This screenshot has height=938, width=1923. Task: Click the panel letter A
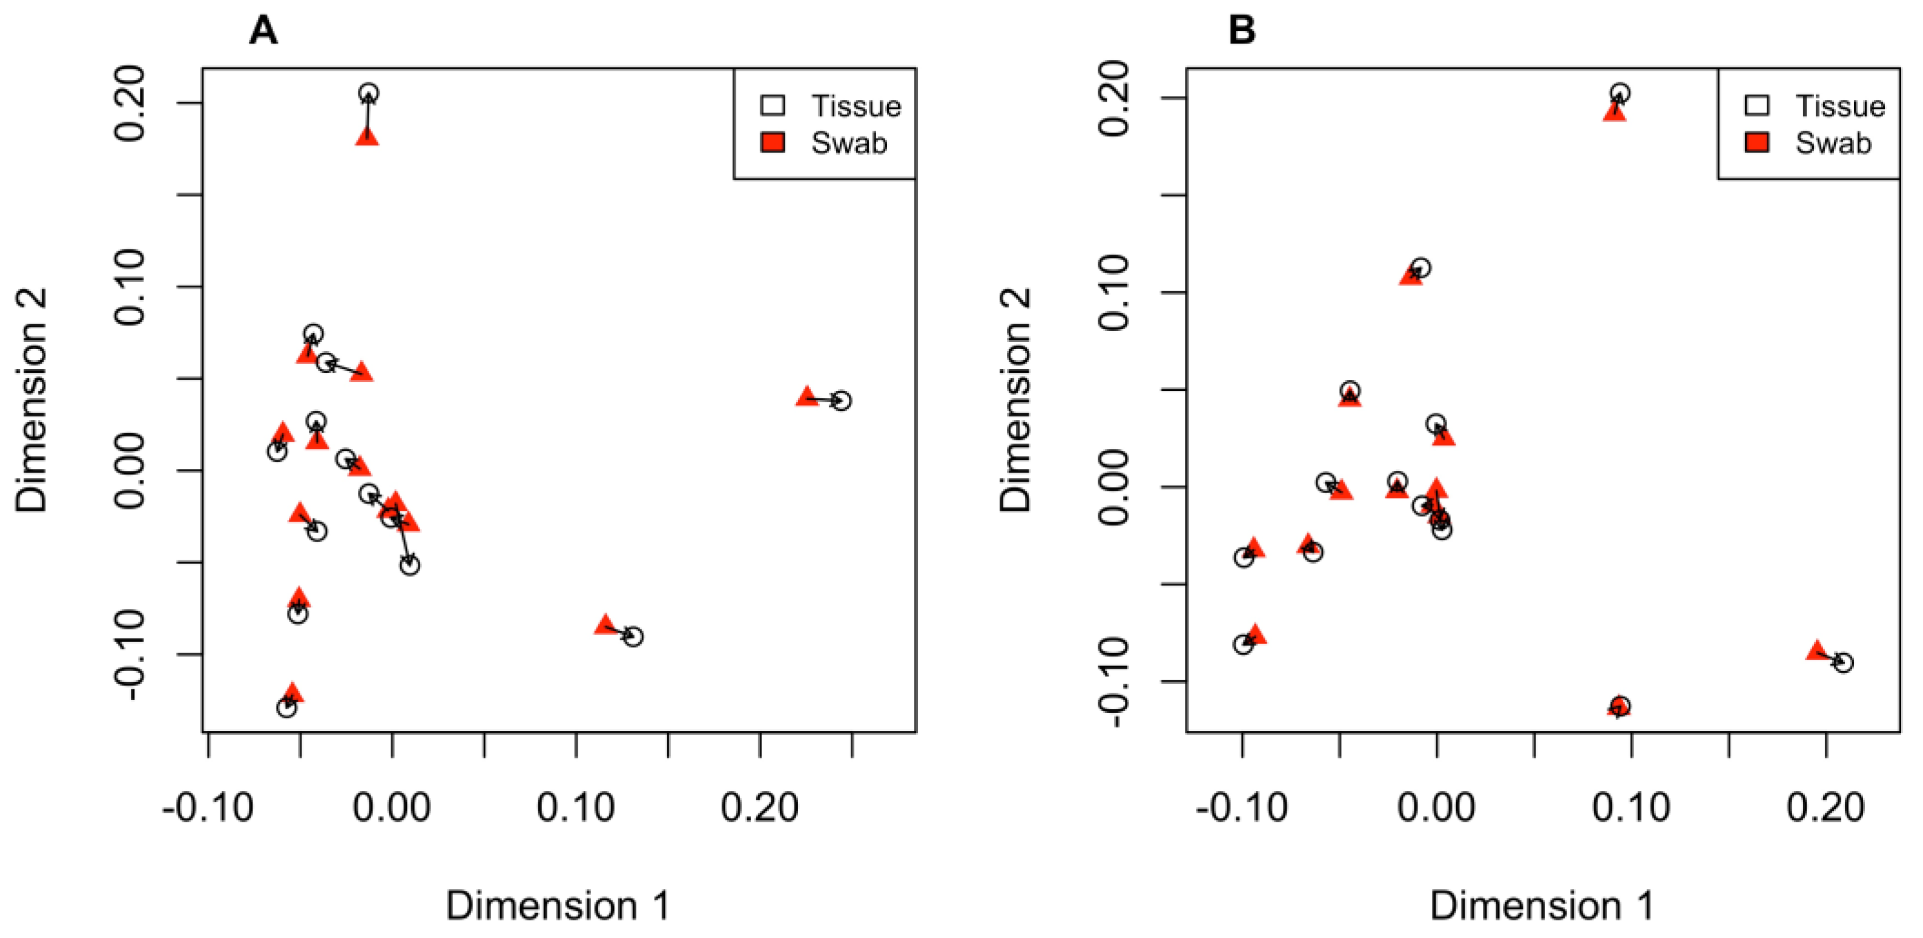click(x=263, y=31)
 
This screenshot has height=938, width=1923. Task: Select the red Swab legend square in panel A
click(x=773, y=142)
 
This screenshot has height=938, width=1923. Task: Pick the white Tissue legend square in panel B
click(x=1756, y=105)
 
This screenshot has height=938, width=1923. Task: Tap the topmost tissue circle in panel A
click(x=368, y=93)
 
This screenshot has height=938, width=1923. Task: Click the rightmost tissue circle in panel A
click(x=842, y=401)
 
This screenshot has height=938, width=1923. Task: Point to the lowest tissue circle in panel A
click(x=286, y=707)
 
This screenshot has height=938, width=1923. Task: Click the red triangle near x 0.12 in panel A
click(x=605, y=625)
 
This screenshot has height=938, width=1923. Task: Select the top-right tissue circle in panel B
click(x=1619, y=93)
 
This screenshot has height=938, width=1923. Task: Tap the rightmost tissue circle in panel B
click(x=1843, y=663)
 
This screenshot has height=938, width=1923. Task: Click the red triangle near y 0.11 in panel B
click(x=1411, y=276)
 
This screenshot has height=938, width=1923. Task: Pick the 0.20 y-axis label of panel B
click(x=1115, y=99)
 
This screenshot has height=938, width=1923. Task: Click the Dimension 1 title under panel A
click(x=558, y=906)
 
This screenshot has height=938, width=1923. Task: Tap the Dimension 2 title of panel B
click(x=1016, y=400)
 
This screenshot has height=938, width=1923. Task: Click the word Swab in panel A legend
click(x=849, y=143)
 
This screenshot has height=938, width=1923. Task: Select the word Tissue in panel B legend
click(x=1839, y=106)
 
